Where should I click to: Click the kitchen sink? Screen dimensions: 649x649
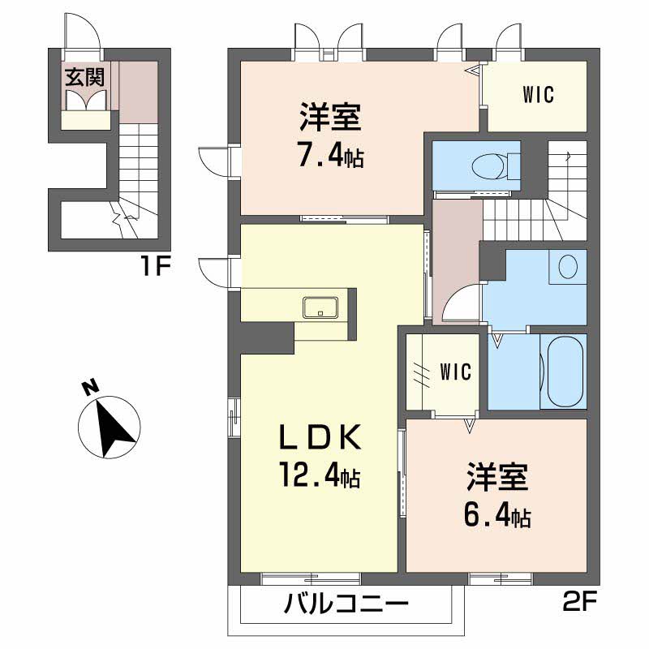click(x=320, y=307)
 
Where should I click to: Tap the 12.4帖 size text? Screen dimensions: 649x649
click(x=317, y=475)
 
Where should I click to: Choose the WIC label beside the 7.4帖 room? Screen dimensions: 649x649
click(x=537, y=95)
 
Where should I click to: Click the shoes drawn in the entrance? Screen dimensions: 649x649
click(x=85, y=100)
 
